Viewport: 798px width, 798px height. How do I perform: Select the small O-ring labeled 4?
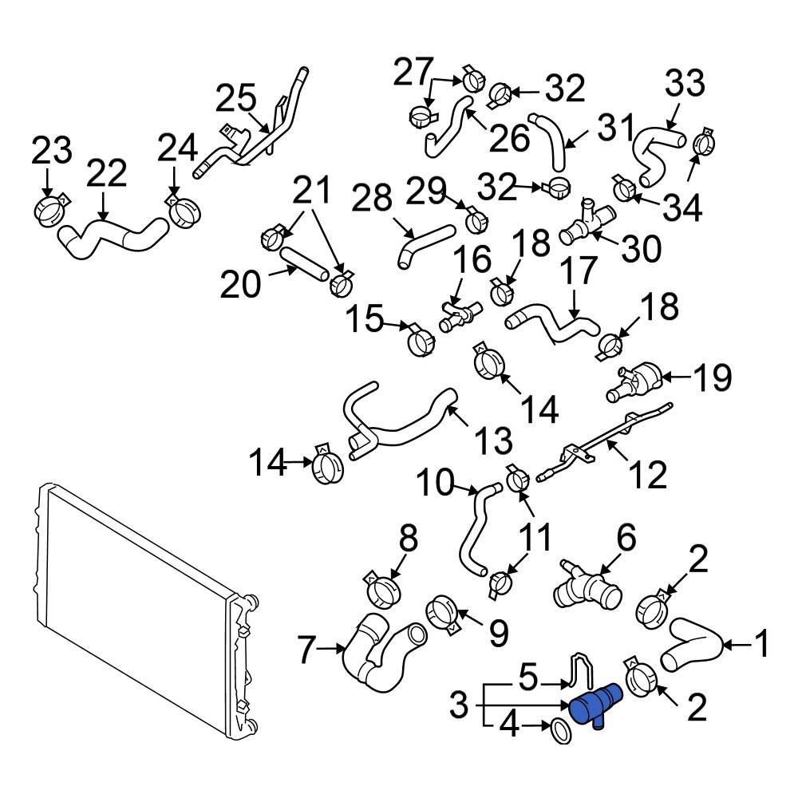[561, 729]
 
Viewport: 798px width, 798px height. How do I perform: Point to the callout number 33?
[685, 84]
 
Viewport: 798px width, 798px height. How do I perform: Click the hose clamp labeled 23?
[51, 211]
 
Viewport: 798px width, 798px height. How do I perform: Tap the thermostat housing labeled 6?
[590, 591]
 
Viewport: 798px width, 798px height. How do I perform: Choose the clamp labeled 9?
[442, 614]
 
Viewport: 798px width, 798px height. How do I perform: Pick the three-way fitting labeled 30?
[585, 223]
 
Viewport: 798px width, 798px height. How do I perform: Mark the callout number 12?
[646, 476]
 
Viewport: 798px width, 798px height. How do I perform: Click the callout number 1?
[762, 643]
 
